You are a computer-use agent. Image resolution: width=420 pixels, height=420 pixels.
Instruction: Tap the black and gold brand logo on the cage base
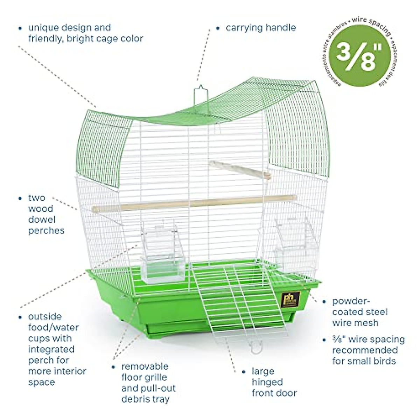click(290, 299)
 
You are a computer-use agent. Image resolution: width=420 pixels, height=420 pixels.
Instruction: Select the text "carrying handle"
click(261, 28)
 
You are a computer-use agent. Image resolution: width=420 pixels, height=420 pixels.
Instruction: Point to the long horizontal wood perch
click(192, 203)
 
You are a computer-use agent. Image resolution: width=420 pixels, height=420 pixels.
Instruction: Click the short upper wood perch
click(240, 169)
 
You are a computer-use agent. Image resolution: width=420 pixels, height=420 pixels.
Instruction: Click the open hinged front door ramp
click(241, 301)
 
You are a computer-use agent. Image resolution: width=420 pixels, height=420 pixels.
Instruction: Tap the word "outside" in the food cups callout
click(45, 317)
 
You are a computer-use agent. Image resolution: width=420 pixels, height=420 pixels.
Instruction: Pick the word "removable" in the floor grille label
click(145, 366)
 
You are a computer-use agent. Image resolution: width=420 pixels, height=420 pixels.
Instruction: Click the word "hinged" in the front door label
click(267, 382)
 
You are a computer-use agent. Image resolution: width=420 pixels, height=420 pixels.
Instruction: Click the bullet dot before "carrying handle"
click(218, 28)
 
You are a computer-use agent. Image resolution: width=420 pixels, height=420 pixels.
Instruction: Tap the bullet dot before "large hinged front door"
click(244, 371)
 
